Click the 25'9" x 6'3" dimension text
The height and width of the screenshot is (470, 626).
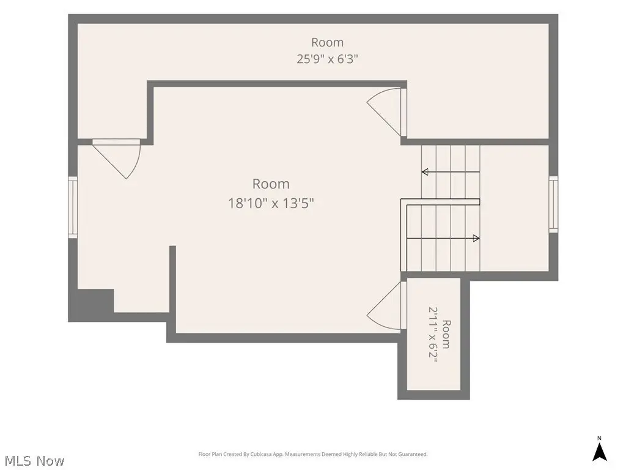[x=327, y=59]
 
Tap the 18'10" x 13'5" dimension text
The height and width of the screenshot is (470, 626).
[x=271, y=203]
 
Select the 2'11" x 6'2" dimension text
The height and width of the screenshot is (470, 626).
[x=433, y=334]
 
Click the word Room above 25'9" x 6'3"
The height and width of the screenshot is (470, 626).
[x=328, y=42]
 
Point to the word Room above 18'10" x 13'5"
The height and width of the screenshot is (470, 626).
[x=271, y=184]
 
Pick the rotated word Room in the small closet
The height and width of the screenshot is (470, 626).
[x=446, y=334]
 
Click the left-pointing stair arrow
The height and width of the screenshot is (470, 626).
[x=451, y=172]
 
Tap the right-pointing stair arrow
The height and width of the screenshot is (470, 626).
[x=443, y=239]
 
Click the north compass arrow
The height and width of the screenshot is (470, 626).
[x=599, y=452]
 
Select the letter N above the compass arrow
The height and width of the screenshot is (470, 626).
[x=599, y=438]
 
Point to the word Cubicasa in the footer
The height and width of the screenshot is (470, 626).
[x=260, y=454]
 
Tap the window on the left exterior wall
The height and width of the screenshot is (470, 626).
[x=73, y=207]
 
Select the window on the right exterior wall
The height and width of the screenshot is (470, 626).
[x=553, y=204]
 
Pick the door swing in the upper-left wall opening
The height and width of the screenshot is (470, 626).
[x=117, y=159]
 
